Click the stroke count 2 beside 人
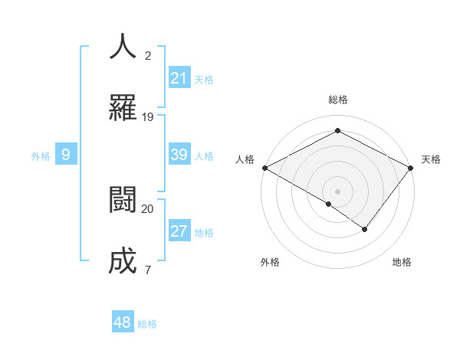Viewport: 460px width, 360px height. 148,56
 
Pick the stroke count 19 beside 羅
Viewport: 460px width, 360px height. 148,117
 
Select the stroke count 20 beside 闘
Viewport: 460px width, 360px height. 148,208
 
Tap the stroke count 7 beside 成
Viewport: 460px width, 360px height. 148,270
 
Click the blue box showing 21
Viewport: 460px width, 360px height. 179,78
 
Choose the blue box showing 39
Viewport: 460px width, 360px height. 179,155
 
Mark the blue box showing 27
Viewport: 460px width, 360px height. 179,231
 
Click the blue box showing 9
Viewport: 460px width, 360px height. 66,155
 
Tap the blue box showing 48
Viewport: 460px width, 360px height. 123,322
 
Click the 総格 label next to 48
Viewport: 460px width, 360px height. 147,324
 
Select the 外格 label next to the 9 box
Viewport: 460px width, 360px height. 41,156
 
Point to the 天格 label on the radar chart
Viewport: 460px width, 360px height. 431,159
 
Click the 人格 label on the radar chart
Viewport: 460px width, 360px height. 245,159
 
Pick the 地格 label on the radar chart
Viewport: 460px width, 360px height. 402,263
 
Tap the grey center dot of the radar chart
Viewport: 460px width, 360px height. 337,191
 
